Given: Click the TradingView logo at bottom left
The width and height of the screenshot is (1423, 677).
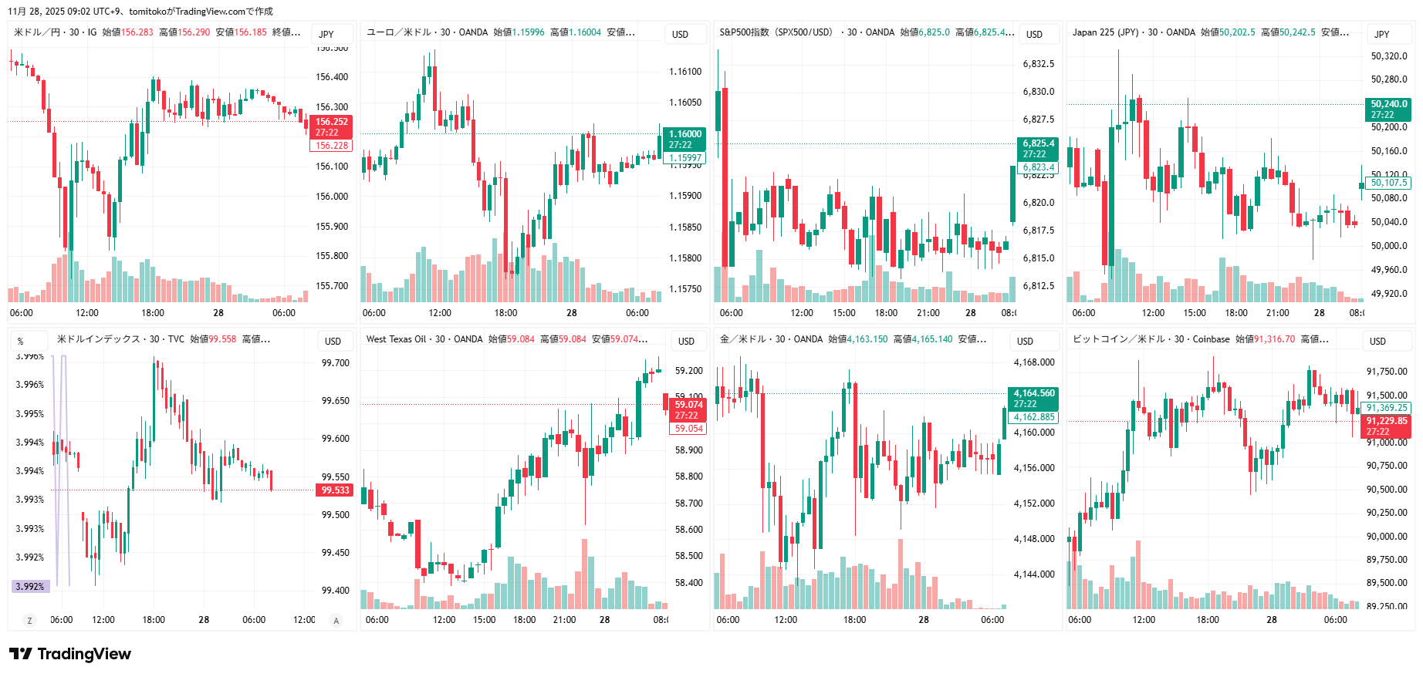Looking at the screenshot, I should pyautogui.click(x=70, y=654).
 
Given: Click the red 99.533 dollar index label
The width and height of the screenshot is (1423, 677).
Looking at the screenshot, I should pyautogui.click(x=335, y=490).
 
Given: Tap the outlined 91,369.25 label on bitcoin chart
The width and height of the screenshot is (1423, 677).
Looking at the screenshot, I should pyautogui.click(x=1387, y=408).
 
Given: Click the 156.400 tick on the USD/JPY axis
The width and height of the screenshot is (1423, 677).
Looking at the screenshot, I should pyautogui.click(x=332, y=77).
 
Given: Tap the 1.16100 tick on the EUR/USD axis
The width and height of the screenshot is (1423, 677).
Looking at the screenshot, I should pyautogui.click(x=685, y=72).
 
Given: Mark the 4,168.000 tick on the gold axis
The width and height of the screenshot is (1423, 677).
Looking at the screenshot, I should pyautogui.click(x=1034, y=362).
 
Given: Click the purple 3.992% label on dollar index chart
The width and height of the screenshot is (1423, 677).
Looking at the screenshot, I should pyautogui.click(x=31, y=587).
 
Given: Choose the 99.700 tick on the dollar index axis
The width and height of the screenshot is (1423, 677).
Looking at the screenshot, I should pyautogui.click(x=336, y=363).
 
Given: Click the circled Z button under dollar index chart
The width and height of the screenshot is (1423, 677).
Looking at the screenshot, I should pyautogui.click(x=29, y=621).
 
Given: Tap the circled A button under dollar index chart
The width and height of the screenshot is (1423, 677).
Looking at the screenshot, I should pyautogui.click(x=336, y=621).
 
